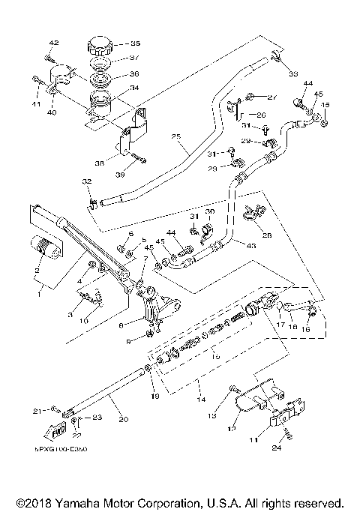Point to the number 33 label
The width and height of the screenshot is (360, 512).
(292, 73)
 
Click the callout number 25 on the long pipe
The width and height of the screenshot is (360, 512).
(177, 136)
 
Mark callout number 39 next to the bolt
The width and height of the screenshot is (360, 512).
(140, 174)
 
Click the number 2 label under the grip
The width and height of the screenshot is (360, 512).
(36, 270)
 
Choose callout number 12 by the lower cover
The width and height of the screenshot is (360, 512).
(231, 430)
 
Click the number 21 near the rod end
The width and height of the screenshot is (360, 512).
(36, 410)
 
